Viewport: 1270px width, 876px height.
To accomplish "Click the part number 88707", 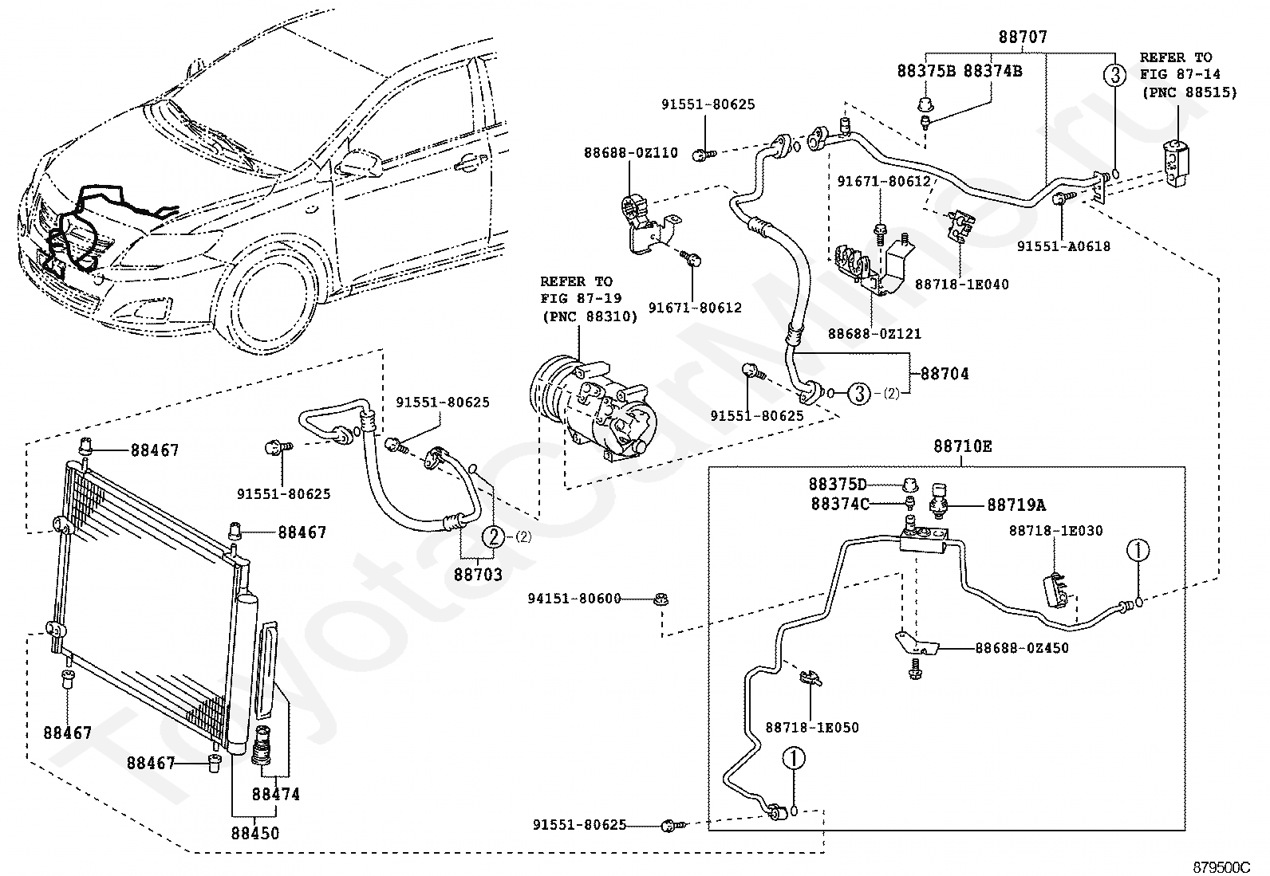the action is (1023, 37).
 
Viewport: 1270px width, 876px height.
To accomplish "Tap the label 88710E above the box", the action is (963, 446).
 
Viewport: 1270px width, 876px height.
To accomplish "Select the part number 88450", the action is (255, 834).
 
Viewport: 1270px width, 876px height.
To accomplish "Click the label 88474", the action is (276, 795).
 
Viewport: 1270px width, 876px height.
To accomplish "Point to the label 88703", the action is (478, 575).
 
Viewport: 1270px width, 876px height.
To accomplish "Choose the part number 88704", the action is (945, 374).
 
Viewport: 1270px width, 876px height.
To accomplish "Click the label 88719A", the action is (1016, 505).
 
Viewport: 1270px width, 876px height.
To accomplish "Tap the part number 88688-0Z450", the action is (1022, 648).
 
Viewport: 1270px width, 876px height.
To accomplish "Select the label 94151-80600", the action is (574, 599).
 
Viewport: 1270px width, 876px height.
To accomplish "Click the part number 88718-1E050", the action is (812, 728).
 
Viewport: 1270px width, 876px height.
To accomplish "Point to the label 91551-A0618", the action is (1063, 246).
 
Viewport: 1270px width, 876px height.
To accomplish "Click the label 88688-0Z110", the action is (631, 153).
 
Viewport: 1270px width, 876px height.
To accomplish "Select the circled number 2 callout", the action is (493, 536).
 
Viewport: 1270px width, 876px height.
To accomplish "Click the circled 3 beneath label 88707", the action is (1114, 75).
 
